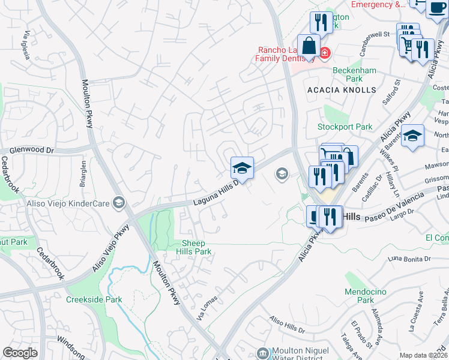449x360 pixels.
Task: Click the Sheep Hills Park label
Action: pos(197,247)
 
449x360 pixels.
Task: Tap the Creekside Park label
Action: pos(94,299)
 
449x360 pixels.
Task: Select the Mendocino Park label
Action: pos(366,296)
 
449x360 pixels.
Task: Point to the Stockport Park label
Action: pos(345,127)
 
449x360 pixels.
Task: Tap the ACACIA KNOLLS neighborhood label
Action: pos(341,90)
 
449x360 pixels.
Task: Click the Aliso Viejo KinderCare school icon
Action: pos(118,203)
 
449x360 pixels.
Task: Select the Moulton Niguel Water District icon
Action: pos(262,352)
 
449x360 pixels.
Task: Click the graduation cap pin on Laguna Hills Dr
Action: pos(242,168)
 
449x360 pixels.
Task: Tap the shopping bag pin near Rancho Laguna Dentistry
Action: pos(309,46)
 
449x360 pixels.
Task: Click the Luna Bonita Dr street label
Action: pos(409,258)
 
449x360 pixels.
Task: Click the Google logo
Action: pos(20,352)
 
